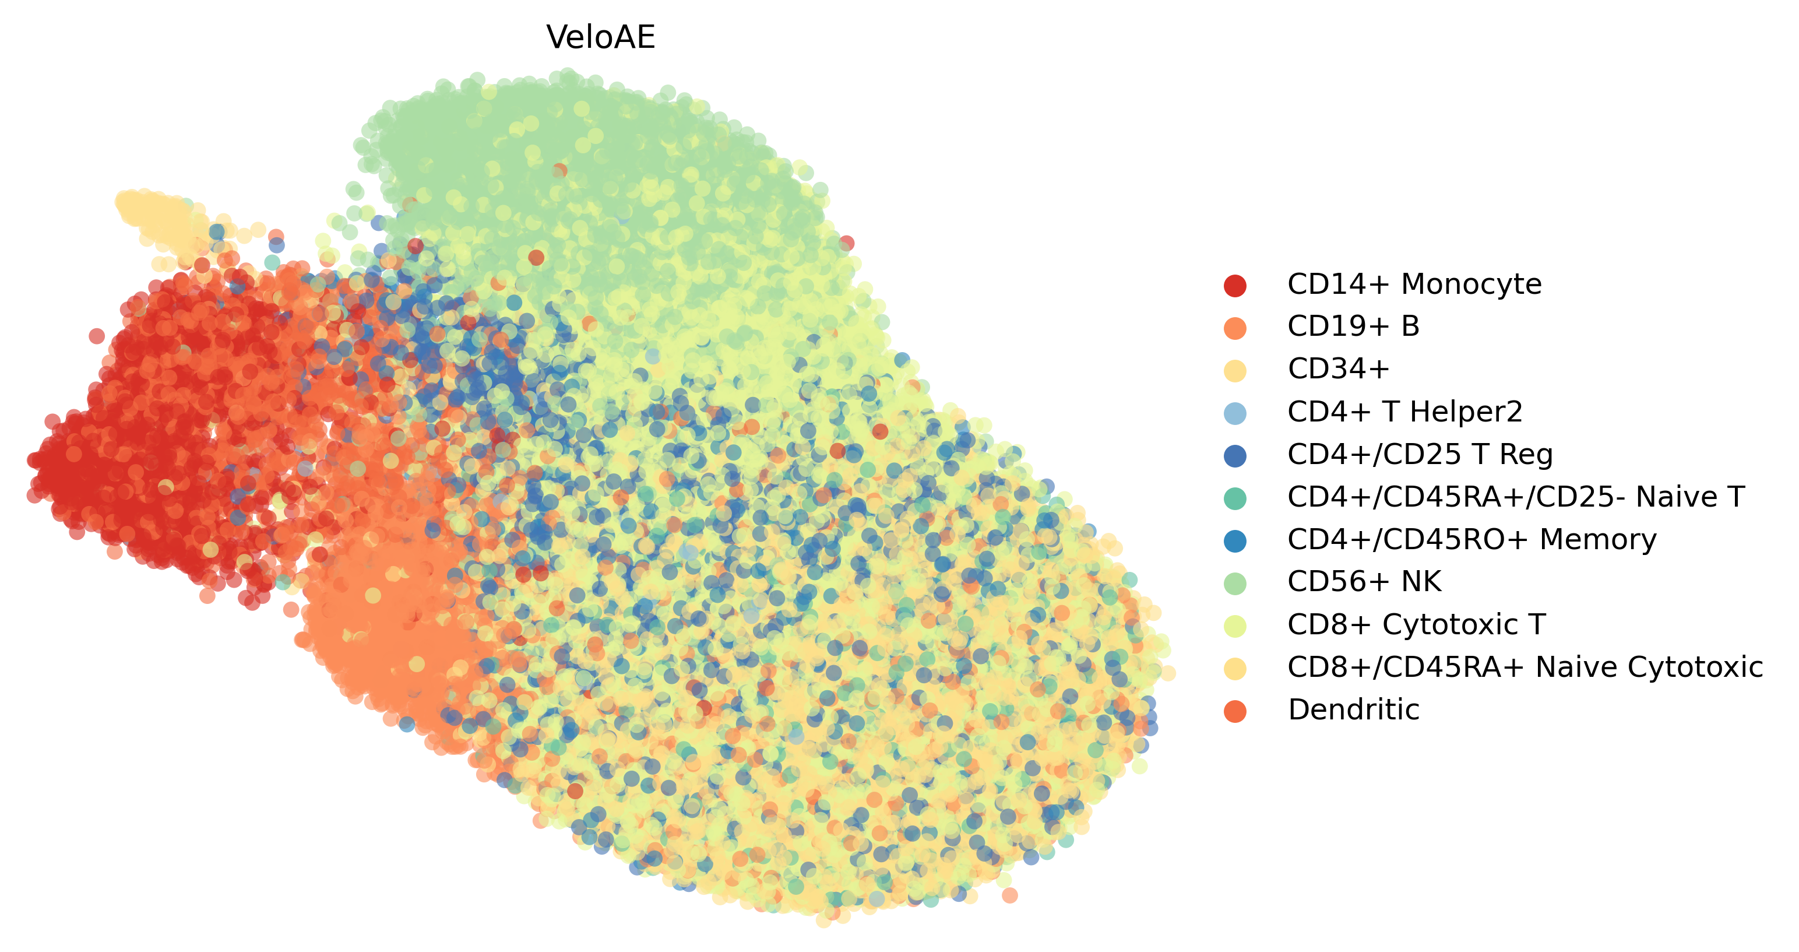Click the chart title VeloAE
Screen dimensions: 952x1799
[x=601, y=38]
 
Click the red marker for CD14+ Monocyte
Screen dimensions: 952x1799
[x=1235, y=285]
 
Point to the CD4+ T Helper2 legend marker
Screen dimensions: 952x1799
[x=1235, y=413]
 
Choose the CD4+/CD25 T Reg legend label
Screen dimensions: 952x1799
[x=1420, y=454]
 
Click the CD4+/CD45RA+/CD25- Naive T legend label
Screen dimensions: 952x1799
[x=1515, y=497]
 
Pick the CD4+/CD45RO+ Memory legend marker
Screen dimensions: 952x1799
[x=1235, y=540]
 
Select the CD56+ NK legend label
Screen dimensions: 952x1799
[x=1364, y=581]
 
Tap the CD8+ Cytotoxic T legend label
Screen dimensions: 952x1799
[x=1416, y=624]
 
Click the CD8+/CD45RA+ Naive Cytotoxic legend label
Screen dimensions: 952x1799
[x=1525, y=667]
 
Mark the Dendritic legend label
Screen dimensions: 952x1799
[x=1353, y=709]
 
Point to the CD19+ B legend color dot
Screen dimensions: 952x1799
[x=1235, y=328]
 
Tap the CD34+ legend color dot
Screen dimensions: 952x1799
[x=1235, y=370]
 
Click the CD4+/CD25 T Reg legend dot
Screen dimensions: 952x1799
[x=1235, y=455]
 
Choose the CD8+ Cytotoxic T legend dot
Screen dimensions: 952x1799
[x=1235, y=626]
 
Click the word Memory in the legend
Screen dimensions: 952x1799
[x=1598, y=539]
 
